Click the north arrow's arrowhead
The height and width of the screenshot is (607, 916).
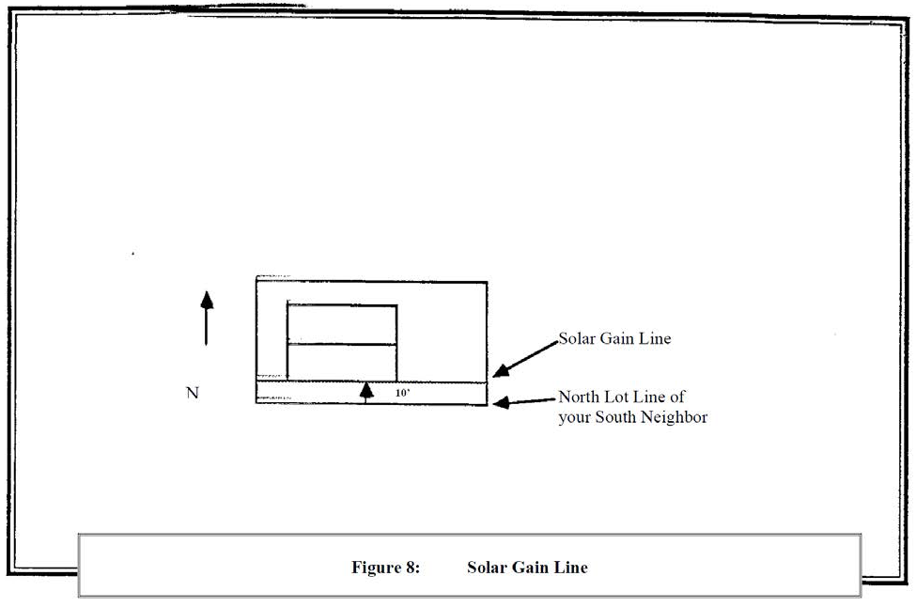207,300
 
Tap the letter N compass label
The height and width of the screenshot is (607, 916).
193,393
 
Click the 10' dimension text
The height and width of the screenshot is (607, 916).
402,393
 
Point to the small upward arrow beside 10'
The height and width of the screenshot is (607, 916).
366,393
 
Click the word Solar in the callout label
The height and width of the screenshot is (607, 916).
577,338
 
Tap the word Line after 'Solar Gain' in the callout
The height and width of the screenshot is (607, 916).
655,338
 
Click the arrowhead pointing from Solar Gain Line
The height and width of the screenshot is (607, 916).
502,370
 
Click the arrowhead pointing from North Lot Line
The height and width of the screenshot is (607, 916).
502,402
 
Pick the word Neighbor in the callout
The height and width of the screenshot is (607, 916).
675,417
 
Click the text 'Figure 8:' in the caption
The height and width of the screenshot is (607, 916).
385,568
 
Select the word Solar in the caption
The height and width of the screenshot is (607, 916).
488,568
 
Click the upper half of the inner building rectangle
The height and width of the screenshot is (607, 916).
342,325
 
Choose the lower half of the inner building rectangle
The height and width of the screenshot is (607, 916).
342,363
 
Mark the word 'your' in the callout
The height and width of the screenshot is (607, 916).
574,418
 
